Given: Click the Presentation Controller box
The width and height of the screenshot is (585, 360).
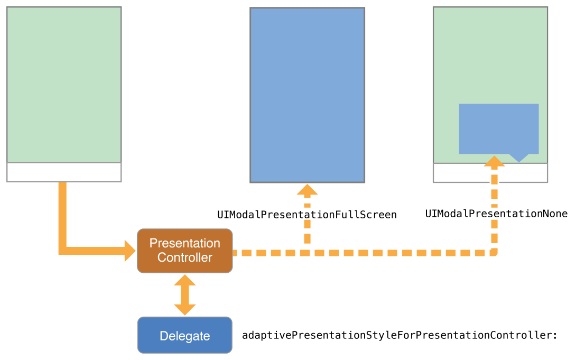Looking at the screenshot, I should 184,251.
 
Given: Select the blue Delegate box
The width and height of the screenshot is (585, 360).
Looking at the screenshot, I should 184,335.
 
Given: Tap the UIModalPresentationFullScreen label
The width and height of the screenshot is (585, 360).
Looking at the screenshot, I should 307,215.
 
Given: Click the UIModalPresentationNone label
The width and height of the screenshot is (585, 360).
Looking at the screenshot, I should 496,214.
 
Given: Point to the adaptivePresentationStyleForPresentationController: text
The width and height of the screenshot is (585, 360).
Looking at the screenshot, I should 400,335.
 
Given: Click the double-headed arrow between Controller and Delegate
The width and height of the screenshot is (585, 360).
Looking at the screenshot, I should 184,295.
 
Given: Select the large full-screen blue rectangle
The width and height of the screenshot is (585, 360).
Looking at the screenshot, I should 307,95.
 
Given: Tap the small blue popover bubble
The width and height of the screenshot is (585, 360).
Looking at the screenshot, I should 498,128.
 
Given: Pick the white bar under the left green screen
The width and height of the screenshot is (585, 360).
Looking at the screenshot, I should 64,172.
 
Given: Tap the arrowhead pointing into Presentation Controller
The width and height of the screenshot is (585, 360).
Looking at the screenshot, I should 130,251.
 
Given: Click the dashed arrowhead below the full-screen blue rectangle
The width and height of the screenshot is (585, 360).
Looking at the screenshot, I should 307,190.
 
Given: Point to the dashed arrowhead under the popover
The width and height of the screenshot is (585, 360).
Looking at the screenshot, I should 494,161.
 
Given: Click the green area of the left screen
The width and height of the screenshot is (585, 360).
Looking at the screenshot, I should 64,85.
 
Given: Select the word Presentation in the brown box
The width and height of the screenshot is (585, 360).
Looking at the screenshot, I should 184,243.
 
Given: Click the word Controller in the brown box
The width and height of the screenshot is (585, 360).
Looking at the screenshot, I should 184,257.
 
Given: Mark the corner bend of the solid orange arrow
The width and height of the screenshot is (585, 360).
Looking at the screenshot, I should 62,251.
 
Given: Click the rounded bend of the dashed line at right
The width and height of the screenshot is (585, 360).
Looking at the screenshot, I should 494,252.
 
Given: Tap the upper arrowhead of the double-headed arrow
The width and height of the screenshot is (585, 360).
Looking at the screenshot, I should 184,280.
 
